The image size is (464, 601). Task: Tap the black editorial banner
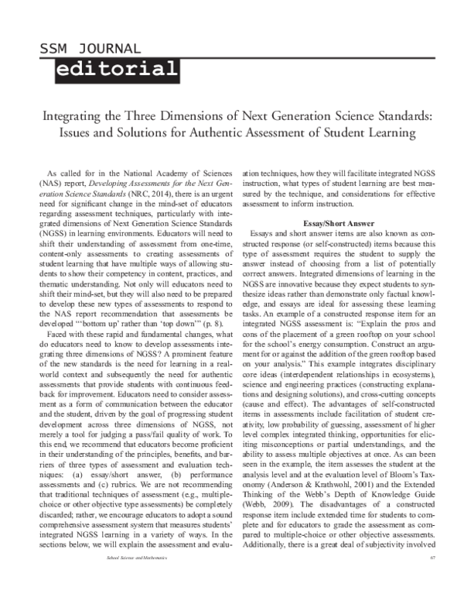tap(117, 70)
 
